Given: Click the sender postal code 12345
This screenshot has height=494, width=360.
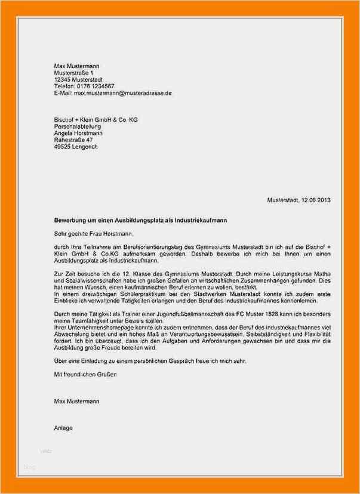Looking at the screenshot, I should pos(61,79).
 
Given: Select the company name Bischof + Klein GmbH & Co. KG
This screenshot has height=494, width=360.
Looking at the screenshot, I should pos(96,120).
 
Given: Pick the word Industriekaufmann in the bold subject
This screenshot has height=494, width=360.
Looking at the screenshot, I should pos(200,220).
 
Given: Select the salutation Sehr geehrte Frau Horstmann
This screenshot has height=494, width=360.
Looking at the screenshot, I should pos(94,234).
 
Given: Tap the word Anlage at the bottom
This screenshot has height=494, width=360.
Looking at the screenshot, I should pos(63,427).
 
